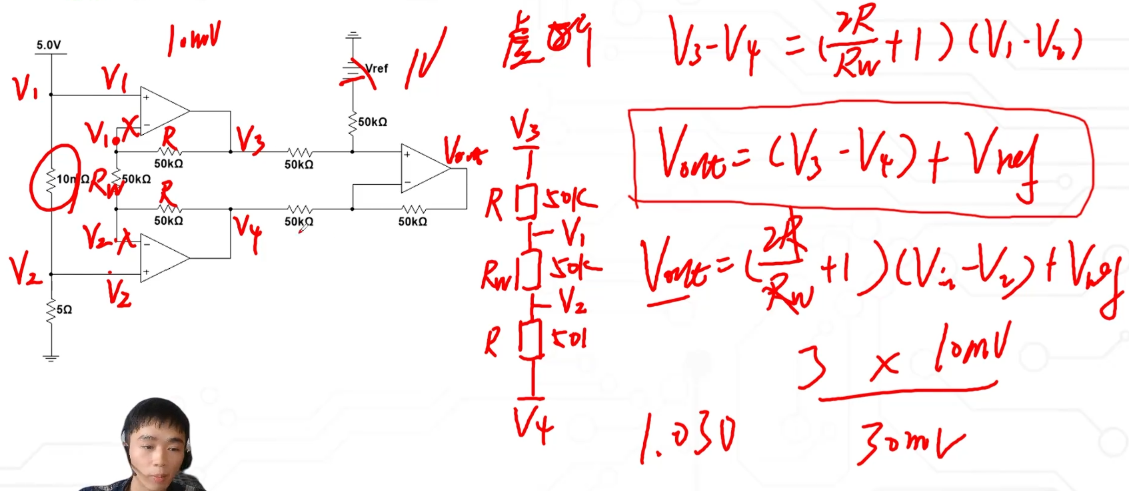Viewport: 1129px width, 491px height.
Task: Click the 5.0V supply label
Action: (48, 45)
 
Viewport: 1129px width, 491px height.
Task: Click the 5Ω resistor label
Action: (64, 310)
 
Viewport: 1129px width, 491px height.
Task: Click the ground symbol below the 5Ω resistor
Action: (51, 358)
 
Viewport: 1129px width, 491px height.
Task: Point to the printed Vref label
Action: (377, 68)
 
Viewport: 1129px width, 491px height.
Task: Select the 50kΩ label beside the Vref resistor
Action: (373, 122)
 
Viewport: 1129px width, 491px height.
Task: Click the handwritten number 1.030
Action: (688, 437)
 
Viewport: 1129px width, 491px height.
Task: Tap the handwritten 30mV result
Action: (910, 440)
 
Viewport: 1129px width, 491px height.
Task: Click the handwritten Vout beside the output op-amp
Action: (465, 151)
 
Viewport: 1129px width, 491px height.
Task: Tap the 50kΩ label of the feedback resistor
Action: (413, 221)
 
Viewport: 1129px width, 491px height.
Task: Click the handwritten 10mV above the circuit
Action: (193, 40)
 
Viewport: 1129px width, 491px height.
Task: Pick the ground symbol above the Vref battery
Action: (353, 35)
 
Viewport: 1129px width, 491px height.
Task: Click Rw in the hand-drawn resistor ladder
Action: (497, 275)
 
